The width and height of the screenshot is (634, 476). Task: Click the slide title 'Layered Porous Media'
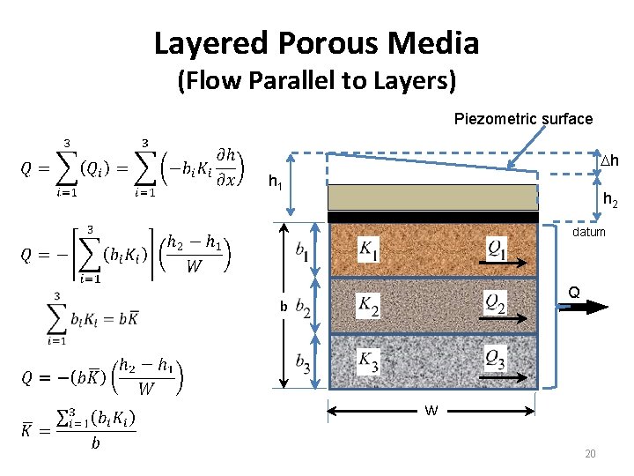coord(316,42)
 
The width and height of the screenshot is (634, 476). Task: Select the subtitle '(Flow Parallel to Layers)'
coord(316,82)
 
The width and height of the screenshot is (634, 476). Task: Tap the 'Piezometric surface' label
coord(523,118)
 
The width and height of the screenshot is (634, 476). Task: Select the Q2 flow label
coord(496,301)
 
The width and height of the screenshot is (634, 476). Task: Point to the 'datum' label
coord(589,232)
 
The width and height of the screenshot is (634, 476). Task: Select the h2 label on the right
coord(609,203)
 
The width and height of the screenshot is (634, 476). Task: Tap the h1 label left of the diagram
coord(275,182)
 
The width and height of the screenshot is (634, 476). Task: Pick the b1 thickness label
coord(302,249)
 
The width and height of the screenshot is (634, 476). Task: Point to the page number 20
coord(590,454)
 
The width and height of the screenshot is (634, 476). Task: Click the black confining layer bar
coord(432,217)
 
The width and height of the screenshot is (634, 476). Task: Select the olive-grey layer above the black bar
coord(432,197)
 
